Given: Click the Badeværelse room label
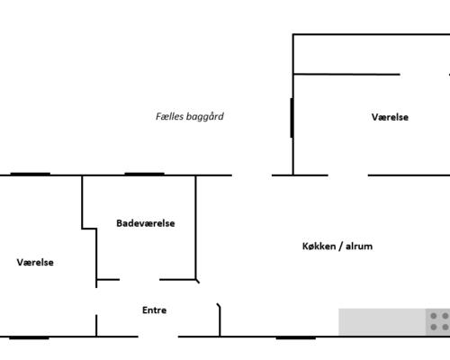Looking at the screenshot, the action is [146, 223].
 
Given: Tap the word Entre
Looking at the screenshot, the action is [154, 310].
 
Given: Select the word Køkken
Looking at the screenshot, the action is [319, 247].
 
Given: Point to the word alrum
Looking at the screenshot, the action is [359, 247].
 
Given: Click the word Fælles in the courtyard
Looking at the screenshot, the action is [169, 116].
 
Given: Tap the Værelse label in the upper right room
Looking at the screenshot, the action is [390, 117].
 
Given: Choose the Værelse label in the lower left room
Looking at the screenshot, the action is [35, 262].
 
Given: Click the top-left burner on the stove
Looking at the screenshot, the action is [434, 316].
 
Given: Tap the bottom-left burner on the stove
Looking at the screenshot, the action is [434, 327].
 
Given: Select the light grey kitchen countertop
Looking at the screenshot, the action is [382, 322].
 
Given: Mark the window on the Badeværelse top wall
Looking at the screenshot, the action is [144, 174].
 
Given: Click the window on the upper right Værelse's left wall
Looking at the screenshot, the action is [292, 118].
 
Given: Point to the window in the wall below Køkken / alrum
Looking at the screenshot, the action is [296, 337].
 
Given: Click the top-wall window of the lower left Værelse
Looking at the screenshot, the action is [31, 174].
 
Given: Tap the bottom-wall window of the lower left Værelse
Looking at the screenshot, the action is [29, 337].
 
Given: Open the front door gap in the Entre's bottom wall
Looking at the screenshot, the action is [158, 337].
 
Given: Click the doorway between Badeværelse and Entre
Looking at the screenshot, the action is [139, 280].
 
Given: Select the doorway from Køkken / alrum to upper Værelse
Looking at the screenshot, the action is [348, 175].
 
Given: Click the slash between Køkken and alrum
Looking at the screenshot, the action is [341, 247].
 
